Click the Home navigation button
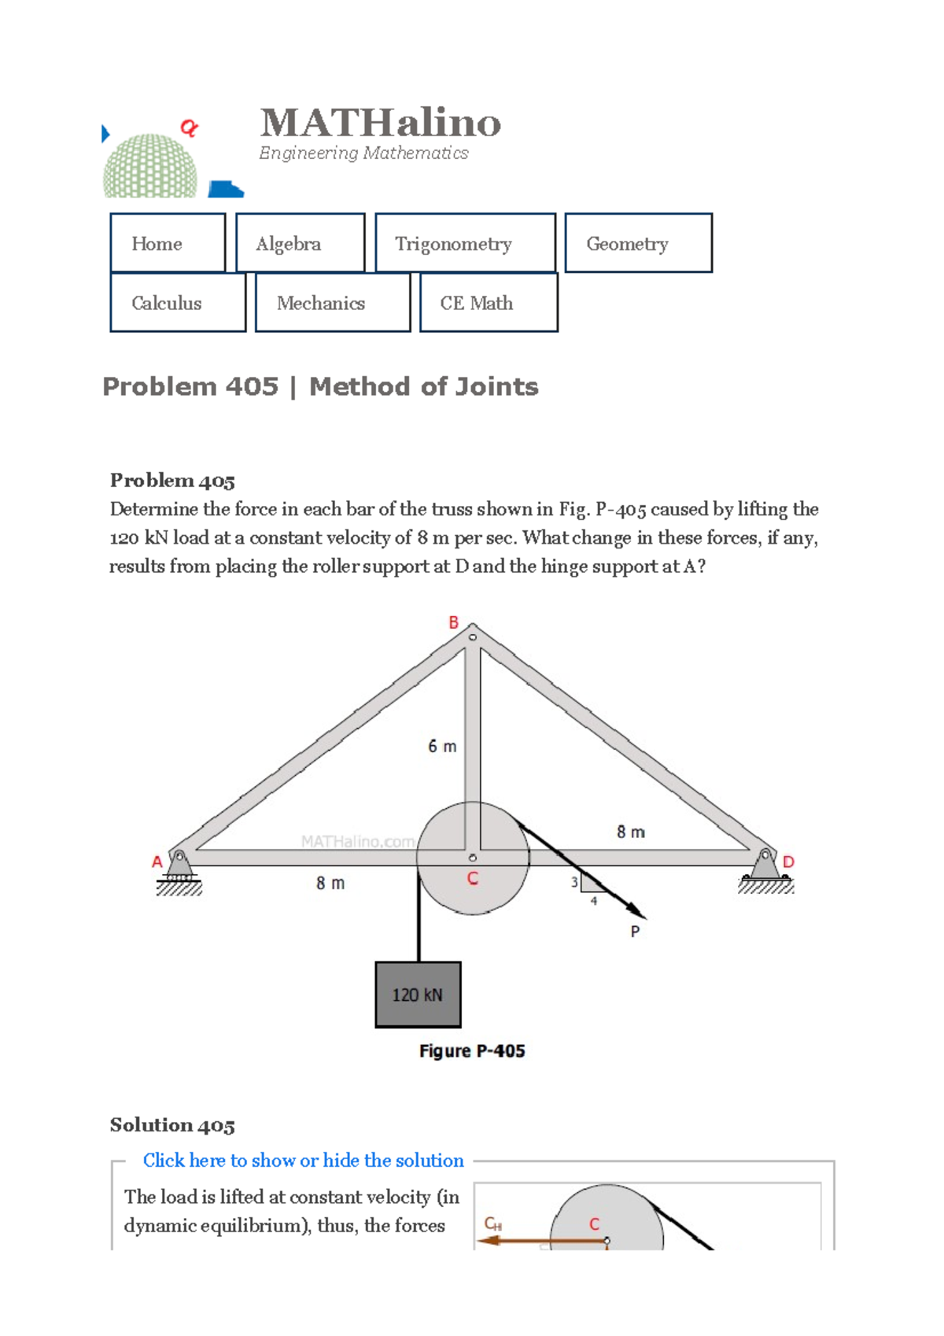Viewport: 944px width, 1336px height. coord(168,243)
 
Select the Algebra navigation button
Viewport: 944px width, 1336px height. coord(300,243)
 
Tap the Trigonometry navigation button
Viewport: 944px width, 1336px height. coord(465,243)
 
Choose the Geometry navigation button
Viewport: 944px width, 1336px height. coord(638,243)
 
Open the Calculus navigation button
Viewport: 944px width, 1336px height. coord(178,303)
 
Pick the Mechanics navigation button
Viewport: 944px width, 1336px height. coord(332,303)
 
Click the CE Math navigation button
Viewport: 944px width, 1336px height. coord(488,303)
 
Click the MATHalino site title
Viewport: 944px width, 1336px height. coord(380,123)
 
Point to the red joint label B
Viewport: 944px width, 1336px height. coord(454,622)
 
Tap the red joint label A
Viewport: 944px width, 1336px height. coord(157,862)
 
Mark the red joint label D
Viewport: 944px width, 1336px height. coord(788,862)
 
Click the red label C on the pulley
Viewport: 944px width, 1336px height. coord(473,879)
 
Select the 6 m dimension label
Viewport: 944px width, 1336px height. coord(442,746)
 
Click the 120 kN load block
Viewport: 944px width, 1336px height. coord(418,995)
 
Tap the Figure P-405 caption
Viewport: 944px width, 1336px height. coord(472,1050)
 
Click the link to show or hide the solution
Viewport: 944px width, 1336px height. coord(303,1160)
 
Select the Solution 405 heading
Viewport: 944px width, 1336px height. coord(172,1125)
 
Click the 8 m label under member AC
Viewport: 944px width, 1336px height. coord(330,883)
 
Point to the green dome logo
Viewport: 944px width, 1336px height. coord(150,166)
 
